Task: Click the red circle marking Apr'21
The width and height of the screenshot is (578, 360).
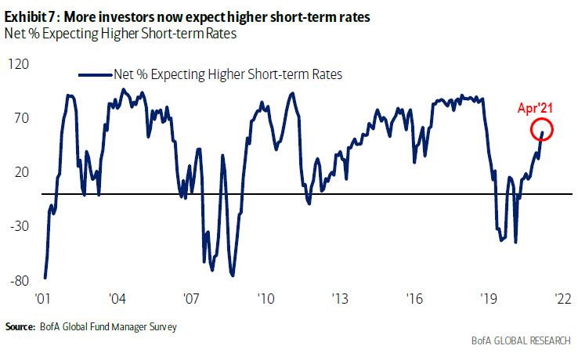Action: [542, 130]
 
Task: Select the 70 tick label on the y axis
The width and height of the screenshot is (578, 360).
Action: [21, 118]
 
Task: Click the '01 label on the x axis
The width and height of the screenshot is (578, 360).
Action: [43, 300]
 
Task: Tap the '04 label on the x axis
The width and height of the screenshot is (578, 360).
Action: [117, 300]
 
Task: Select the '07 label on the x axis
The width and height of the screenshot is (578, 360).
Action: [191, 300]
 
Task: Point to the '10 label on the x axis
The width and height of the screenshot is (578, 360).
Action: [266, 300]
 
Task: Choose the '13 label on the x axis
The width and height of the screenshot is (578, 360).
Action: [339, 300]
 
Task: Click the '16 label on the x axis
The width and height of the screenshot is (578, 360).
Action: [414, 300]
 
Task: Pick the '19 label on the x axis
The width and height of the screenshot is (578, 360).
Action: [488, 300]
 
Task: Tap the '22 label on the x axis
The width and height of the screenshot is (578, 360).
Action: [562, 300]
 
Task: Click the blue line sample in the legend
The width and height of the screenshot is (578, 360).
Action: [94, 74]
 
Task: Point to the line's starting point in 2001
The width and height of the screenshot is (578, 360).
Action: [45, 278]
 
